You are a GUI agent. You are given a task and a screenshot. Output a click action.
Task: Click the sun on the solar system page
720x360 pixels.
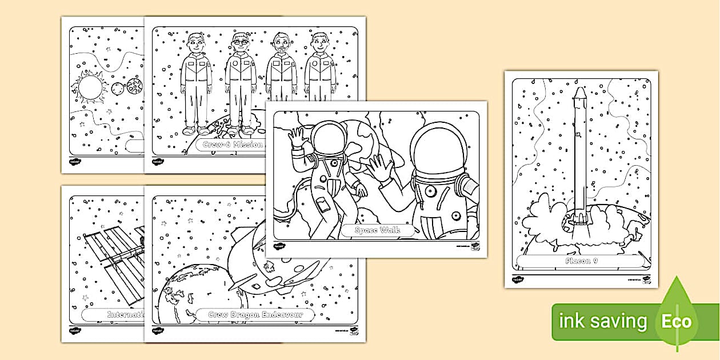89,89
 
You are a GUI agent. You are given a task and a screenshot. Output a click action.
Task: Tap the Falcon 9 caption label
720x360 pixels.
581,262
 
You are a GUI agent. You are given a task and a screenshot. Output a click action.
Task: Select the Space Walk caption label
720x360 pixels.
376,231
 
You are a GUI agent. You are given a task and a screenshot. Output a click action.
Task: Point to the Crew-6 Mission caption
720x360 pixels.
231,145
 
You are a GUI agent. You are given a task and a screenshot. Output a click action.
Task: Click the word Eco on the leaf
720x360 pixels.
677,321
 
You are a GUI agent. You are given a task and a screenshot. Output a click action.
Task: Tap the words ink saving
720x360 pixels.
603,322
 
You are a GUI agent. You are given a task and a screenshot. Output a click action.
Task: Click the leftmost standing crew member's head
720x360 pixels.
195,42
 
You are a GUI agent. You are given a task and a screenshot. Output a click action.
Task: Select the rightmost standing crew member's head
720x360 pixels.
320,42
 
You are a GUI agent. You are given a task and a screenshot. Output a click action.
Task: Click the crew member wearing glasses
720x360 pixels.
239,42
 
